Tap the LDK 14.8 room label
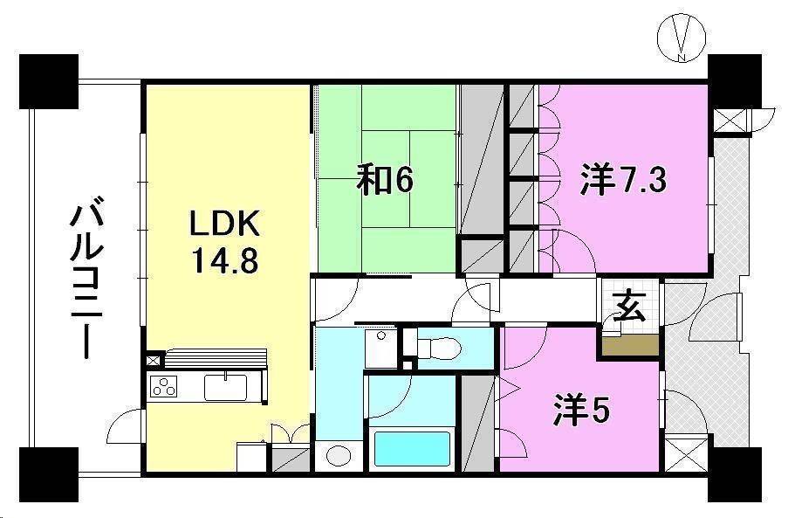225,244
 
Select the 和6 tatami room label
385,180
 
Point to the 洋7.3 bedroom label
625,180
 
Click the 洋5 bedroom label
580,410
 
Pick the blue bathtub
412,448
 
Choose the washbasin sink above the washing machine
380,347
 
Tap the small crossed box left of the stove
154,360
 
